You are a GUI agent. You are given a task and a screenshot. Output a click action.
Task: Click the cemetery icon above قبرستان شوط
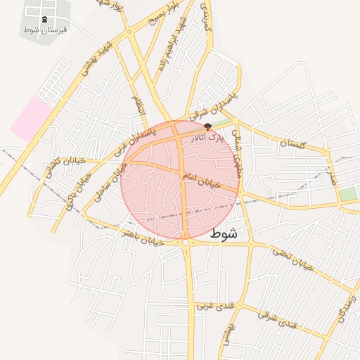[x=45, y=19]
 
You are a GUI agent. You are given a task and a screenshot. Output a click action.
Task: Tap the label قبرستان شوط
[x=45, y=30]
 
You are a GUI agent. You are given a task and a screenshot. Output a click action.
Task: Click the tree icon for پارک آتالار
[x=207, y=127]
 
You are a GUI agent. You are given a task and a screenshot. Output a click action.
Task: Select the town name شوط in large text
[x=224, y=233]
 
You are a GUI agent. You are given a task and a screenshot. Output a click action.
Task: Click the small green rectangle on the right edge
[x=347, y=193]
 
